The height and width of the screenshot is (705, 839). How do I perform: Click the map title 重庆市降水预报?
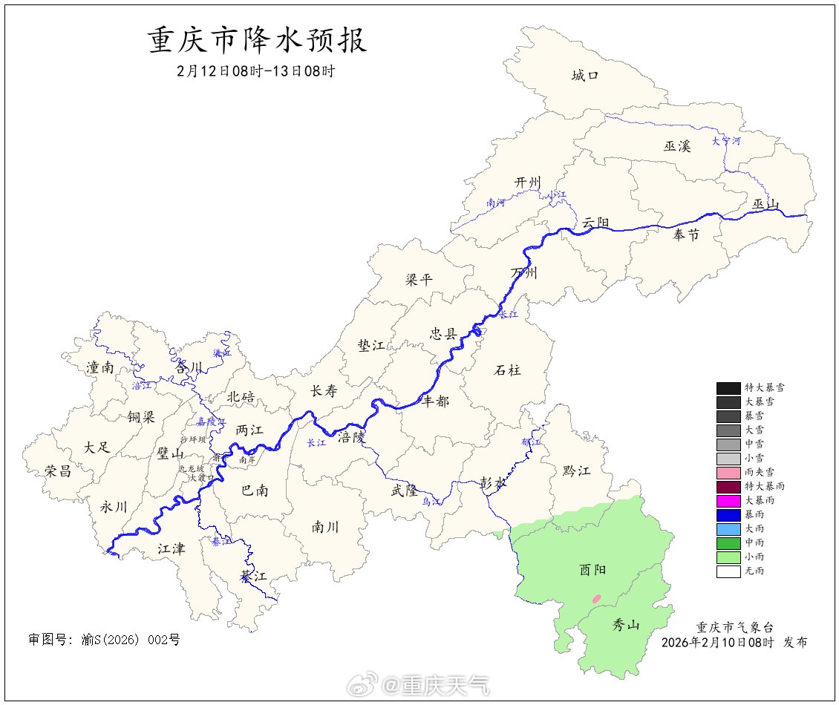coord(258,41)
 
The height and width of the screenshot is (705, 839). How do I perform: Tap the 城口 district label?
coord(585,75)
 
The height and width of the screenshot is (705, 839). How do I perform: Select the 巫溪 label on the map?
coord(677,146)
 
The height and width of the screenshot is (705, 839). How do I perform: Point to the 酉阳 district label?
coord(592,569)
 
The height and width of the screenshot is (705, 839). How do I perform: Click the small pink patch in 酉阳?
coord(595,597)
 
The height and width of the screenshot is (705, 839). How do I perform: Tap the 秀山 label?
coord(625,625)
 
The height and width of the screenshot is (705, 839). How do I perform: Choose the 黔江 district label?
coord(576,470)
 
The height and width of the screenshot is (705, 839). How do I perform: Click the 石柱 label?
coord(507,370)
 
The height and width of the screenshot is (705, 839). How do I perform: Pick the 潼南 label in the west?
coord(100,367)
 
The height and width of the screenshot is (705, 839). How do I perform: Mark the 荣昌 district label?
coord(58,470)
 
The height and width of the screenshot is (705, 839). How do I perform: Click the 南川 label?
coord(325,527)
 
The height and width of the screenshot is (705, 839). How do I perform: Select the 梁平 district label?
coord(418,280)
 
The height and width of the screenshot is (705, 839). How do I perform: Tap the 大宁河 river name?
coord(725,140)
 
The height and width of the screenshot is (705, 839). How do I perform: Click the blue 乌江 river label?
coord(431,502)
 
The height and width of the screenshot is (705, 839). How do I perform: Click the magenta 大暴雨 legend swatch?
coord(728,501)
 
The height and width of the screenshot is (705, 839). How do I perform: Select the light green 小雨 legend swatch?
coord(728,557)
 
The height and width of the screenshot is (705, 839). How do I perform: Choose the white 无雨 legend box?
coord(728,571)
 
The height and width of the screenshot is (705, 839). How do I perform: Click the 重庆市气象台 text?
coord(733,628)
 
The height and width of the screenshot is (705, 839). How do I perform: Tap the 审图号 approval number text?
coord(104,639)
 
